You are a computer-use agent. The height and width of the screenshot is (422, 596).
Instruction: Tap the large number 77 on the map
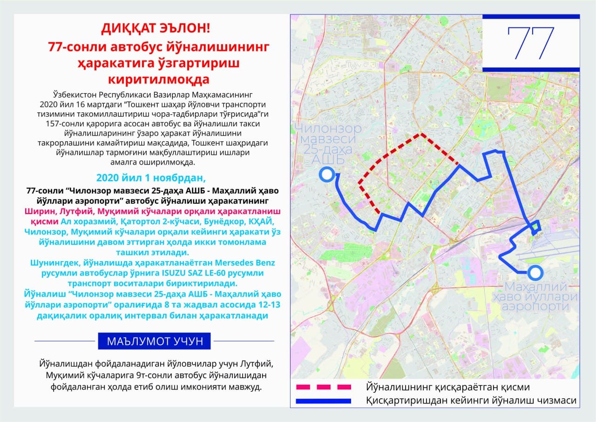[x=531, y=43]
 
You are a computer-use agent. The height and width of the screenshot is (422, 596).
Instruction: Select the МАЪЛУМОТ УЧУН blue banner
[x=154, y=341]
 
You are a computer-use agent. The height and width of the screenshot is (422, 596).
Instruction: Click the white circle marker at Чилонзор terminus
[x=327, y=175]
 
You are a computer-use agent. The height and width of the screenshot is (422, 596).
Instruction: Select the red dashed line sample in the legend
[x=323, y=387]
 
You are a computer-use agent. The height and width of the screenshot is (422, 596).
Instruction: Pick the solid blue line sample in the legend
[x=323, y=401]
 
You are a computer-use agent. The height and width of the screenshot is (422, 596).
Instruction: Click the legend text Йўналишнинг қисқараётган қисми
[x=448, y=387]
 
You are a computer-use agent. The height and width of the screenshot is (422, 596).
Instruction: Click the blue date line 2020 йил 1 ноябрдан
[x=150, y=178]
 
